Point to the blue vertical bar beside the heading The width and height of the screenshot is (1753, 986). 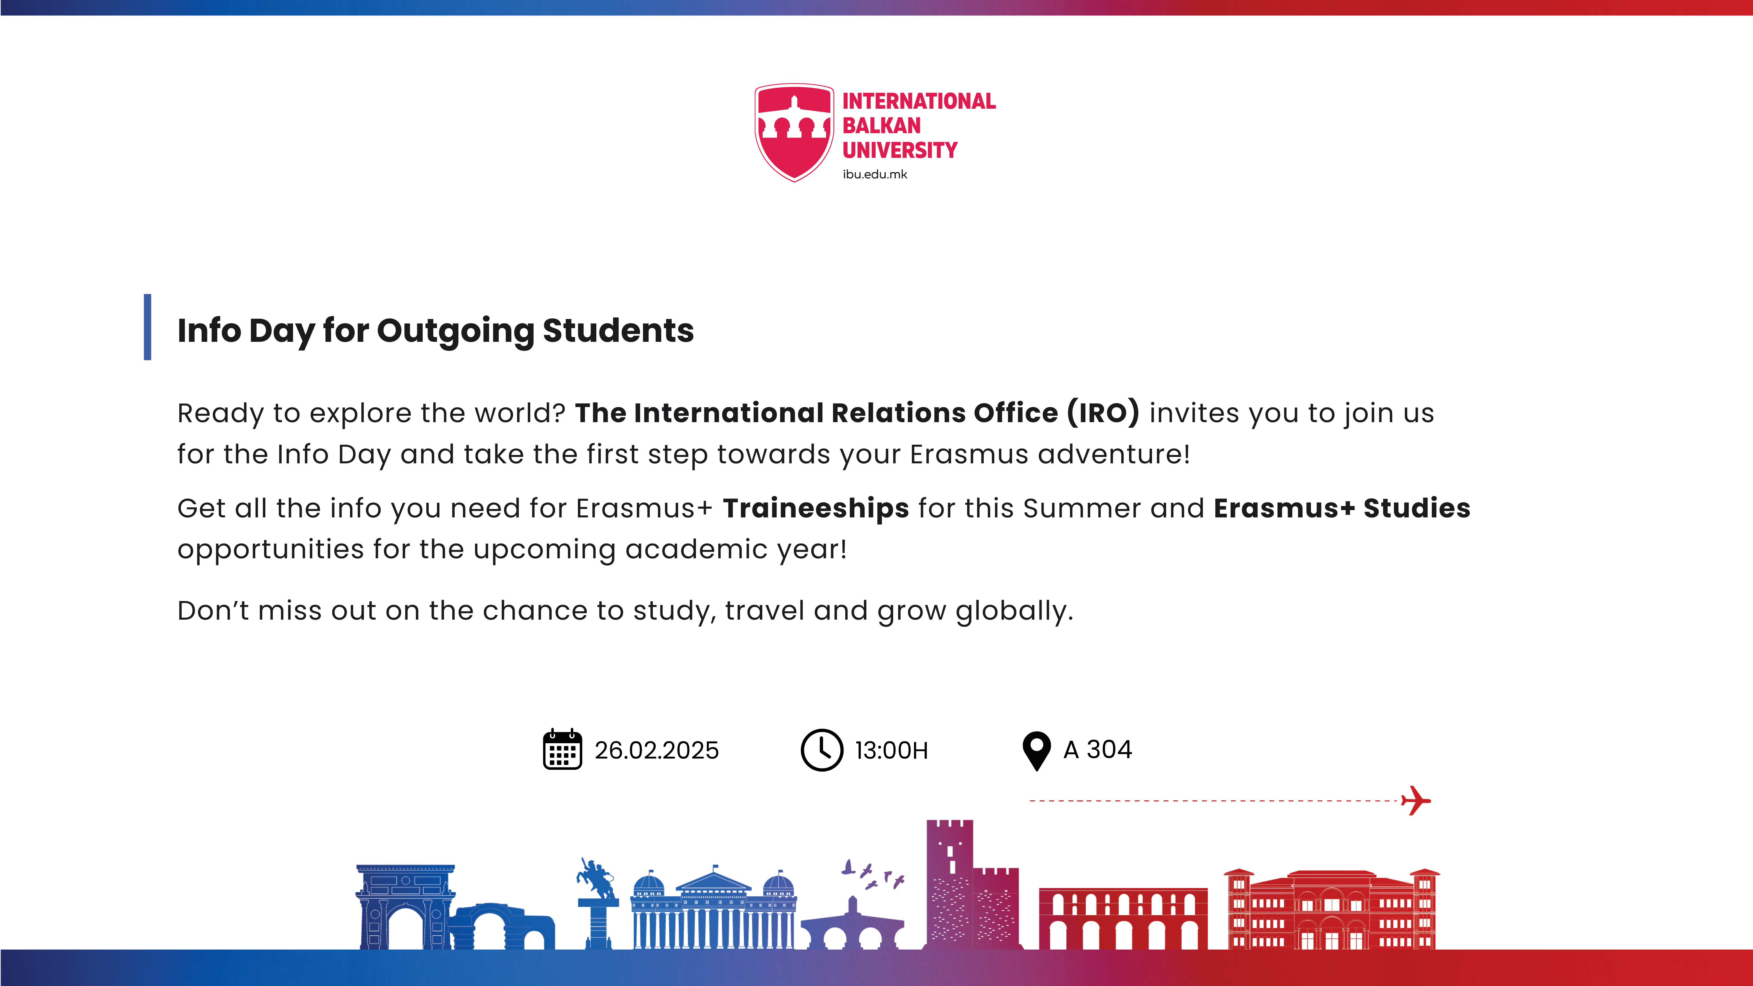click(147, 327)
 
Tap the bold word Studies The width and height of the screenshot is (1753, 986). click(1417, 508)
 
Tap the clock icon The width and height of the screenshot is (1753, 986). click(821, 750)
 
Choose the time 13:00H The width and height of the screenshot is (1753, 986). click(891, 750)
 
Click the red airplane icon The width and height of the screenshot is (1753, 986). click(1416, 800)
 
